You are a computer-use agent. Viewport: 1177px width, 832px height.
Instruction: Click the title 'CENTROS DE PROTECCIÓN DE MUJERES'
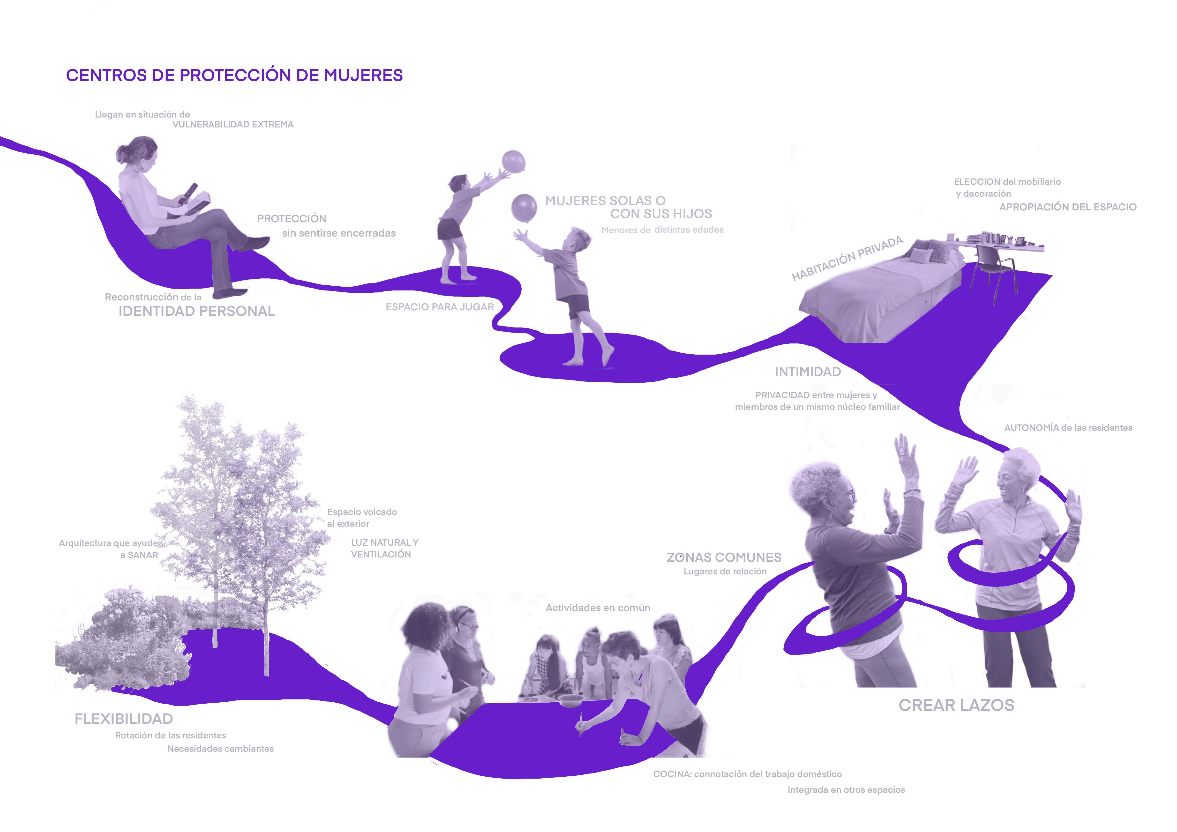click(234, 75)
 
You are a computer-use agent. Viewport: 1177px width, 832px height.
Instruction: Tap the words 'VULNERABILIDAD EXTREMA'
click(233, 125)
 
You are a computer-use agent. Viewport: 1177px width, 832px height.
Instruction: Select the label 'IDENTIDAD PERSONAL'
click(197, 311)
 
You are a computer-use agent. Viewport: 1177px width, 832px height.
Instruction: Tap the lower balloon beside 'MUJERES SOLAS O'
click(524, 208)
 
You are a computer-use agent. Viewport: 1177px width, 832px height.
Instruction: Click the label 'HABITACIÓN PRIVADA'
click(847, 259)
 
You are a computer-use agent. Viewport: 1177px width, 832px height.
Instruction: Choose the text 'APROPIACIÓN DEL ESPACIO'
click(1068, 207)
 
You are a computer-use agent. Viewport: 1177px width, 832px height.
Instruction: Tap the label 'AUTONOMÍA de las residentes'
click(1068, 428)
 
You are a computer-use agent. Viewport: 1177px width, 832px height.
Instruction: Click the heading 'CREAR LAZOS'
click(956, 705)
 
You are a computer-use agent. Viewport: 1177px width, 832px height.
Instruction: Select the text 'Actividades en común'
click(598, 608)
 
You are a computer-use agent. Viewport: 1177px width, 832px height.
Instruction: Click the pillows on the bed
click(928, 251)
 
